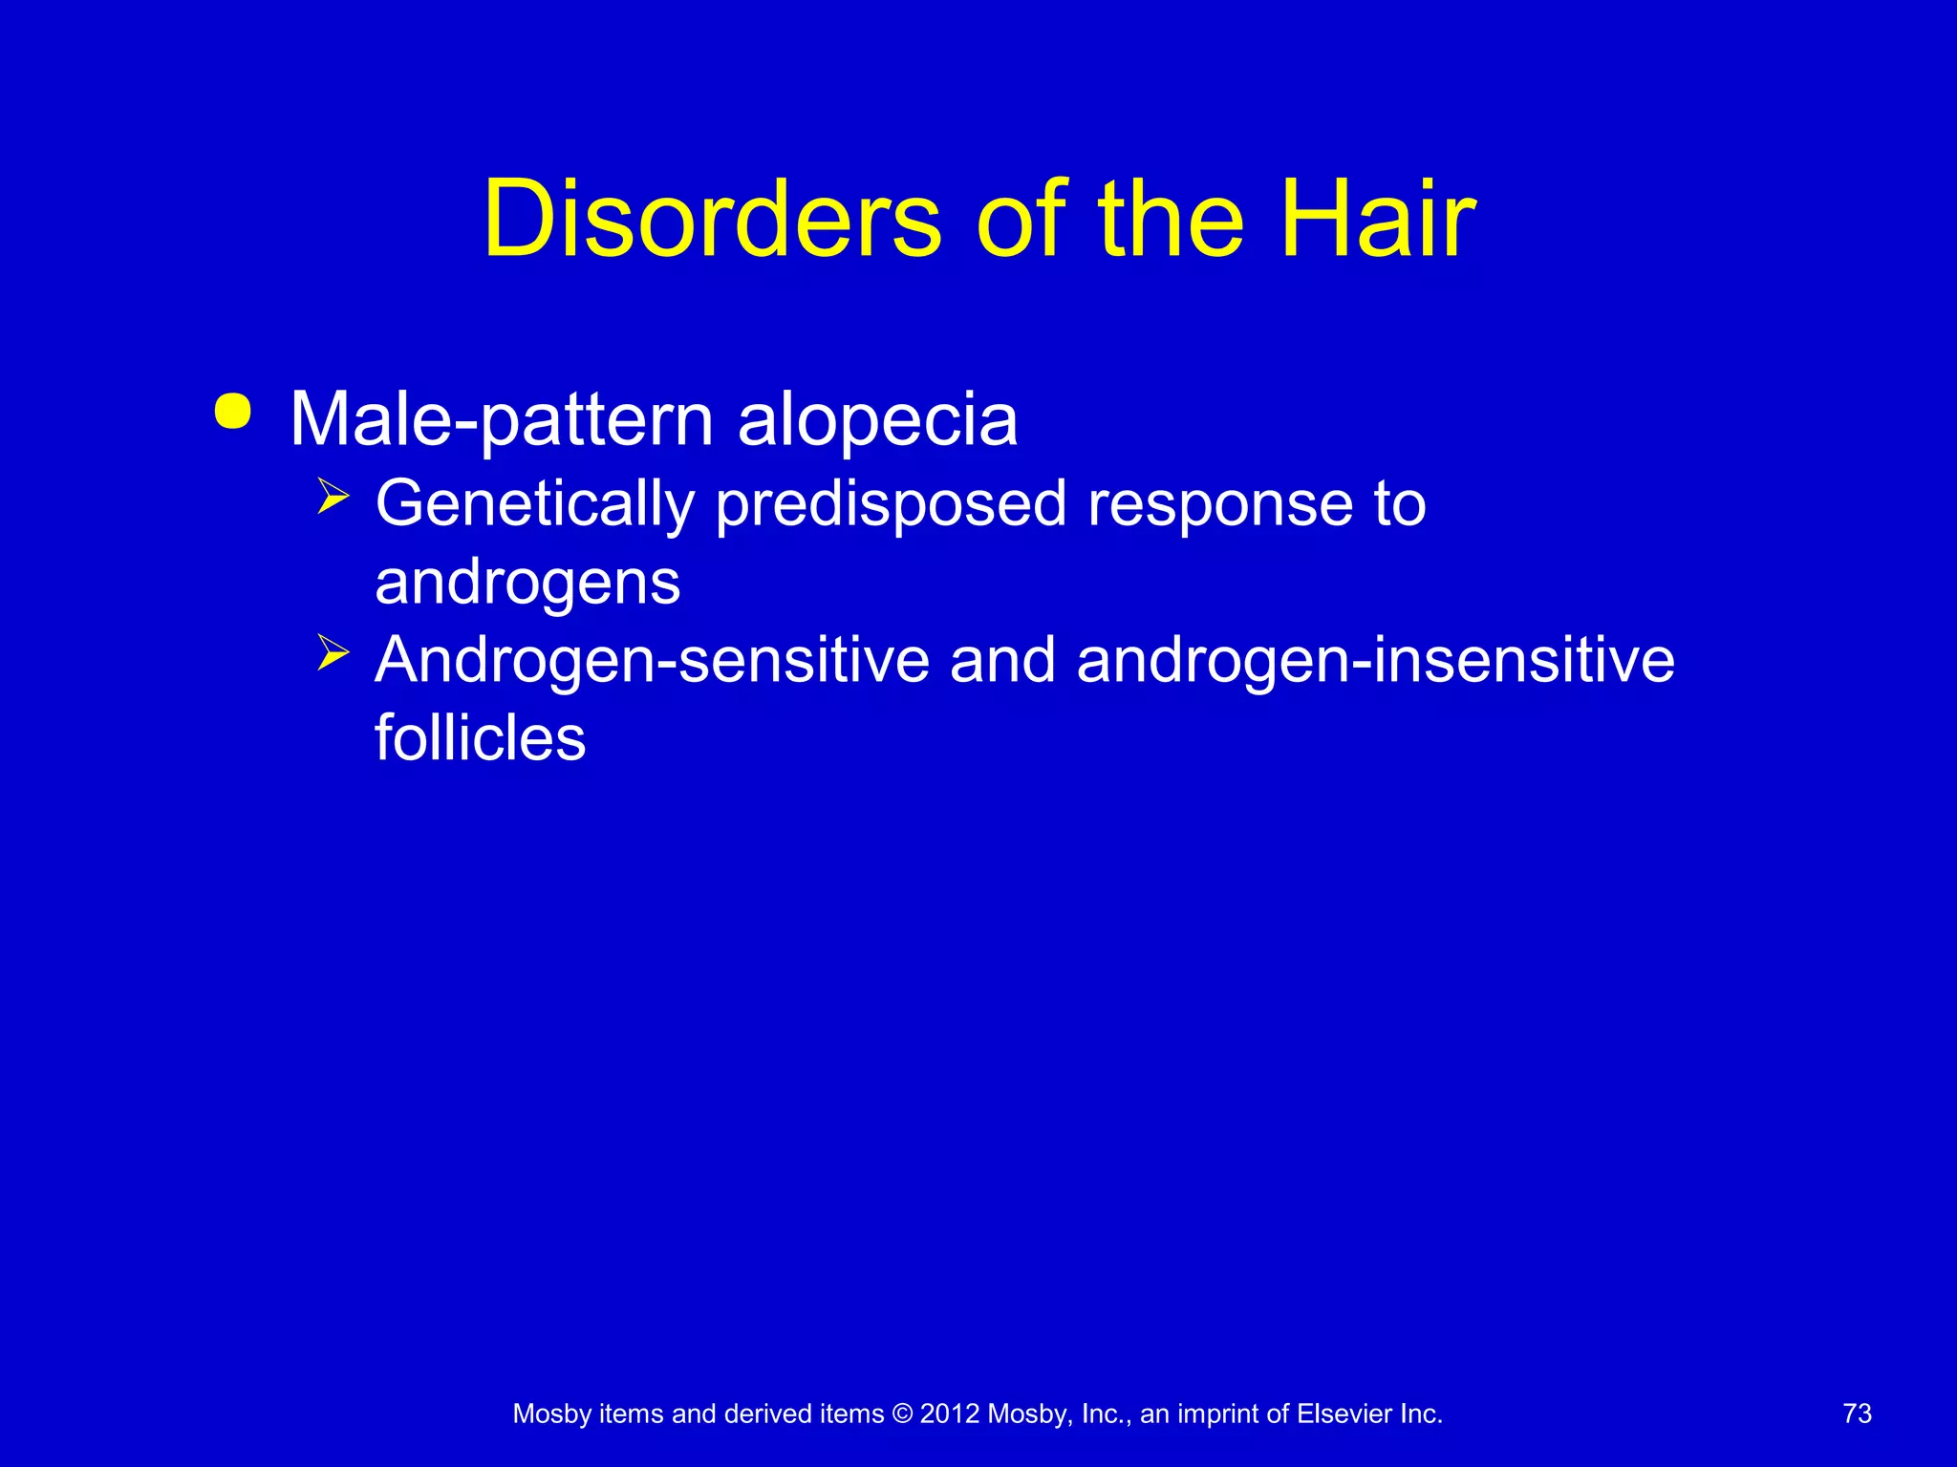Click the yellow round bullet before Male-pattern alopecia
[x=233, y=412]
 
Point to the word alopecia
[x=877, y=420]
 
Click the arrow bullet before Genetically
[x=333, y=497]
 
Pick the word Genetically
[x=534, y=504]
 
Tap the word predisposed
[x=891, y=504]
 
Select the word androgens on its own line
[x=527, y=583]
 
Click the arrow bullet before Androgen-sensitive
[x=333, y=653]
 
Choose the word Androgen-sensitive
[x=652, y=661]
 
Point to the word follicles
[x=480, y=738]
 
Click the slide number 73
[x=1857, y=1414]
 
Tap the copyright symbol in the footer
[x=902, y=1414]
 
